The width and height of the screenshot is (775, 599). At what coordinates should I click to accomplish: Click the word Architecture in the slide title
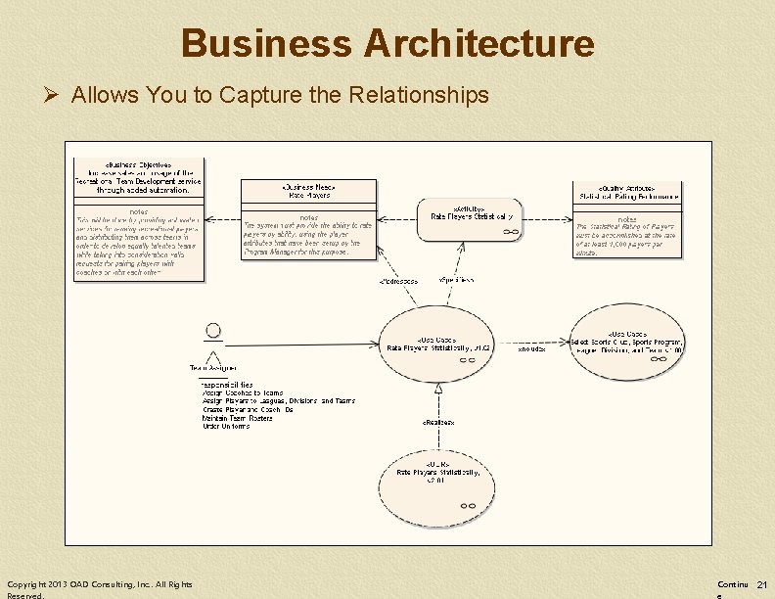point(479,44)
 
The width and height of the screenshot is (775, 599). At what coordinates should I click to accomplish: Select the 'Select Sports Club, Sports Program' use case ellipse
point(627,343)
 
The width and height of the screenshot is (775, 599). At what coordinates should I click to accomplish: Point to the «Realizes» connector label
point(437,422)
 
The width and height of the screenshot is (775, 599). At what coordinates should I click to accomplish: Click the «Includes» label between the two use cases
point(531,348)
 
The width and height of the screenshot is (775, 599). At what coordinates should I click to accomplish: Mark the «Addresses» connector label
point(398,282)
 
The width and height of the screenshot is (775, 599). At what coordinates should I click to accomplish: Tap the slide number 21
point(761,584)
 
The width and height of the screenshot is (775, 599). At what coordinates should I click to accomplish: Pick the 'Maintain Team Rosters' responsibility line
point(237,418)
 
